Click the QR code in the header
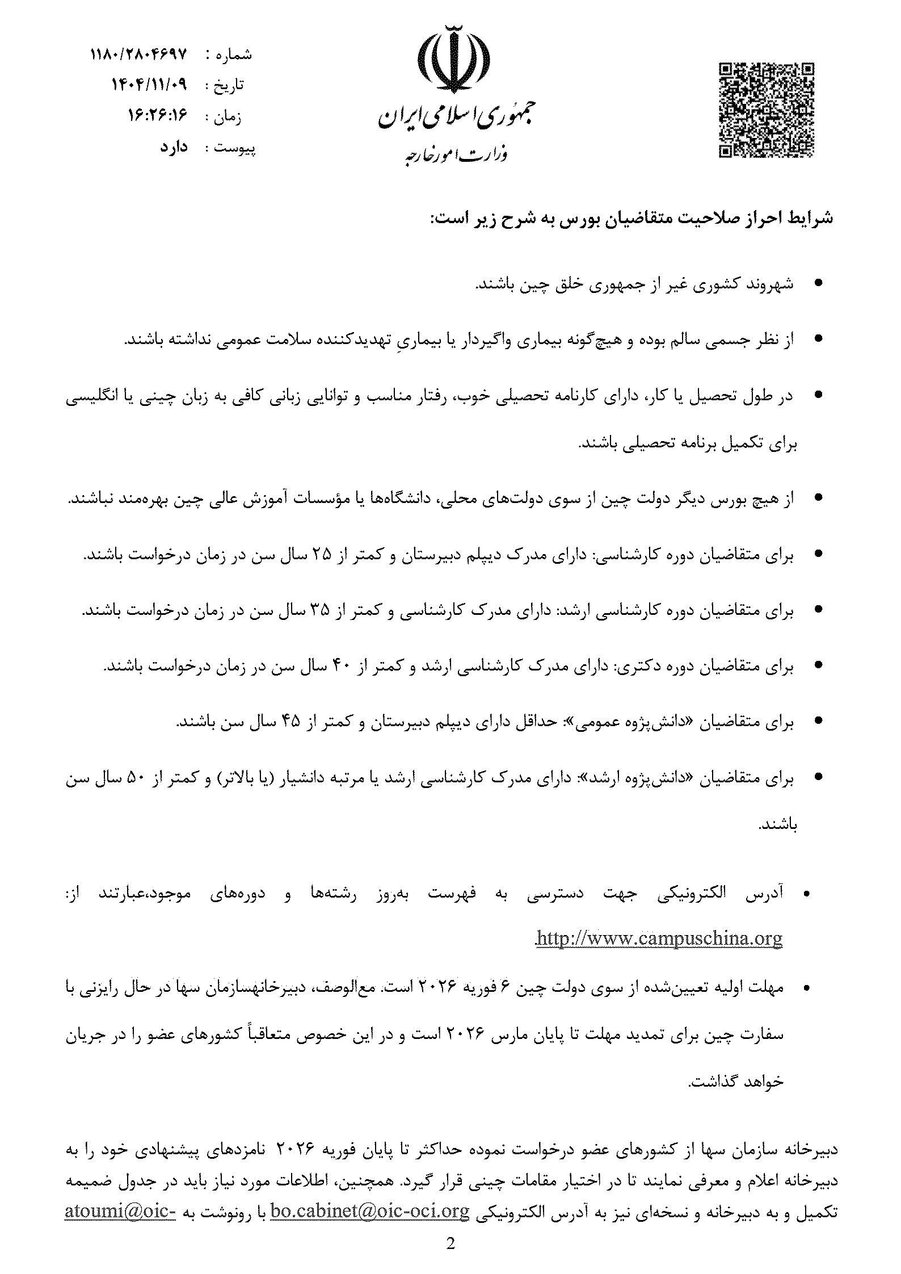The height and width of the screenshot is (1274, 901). (767, 110)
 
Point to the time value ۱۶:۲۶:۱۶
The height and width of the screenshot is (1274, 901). (159, 116)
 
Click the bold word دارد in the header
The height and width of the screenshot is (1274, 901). (174, 148)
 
